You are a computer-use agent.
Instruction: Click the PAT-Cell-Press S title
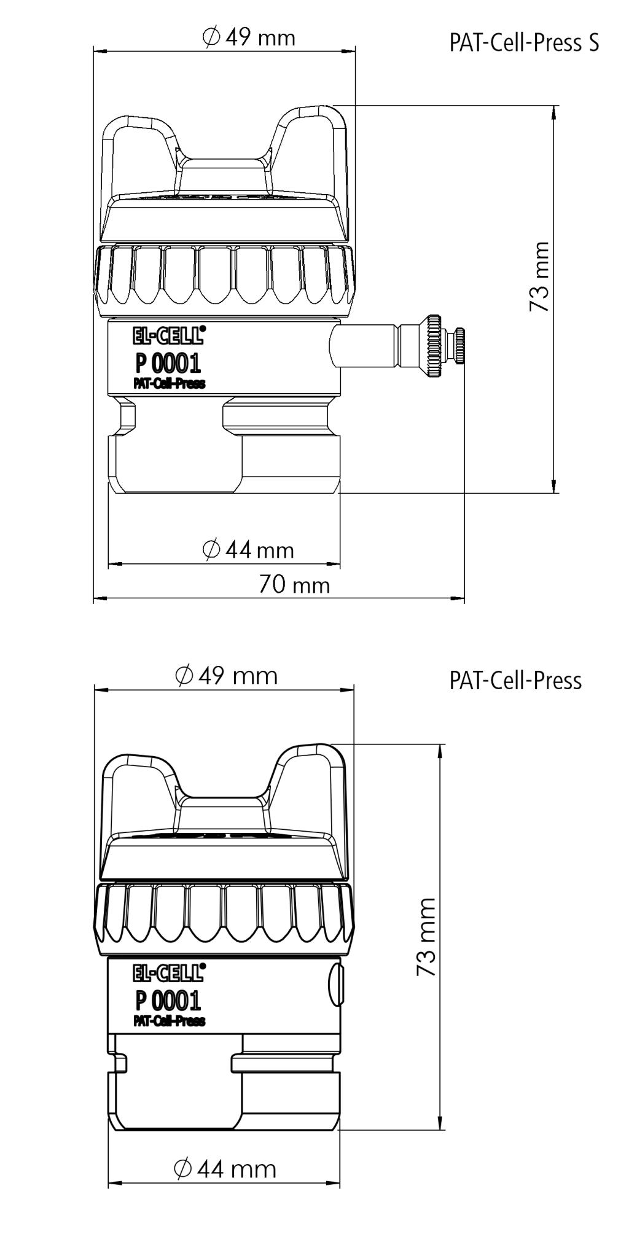(524, 43)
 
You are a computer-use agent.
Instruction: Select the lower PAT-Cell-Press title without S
(515, 681)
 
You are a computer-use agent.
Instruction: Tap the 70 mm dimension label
(294, 584)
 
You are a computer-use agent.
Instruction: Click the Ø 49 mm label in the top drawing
(249, 38)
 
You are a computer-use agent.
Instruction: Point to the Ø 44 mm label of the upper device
(248, 549)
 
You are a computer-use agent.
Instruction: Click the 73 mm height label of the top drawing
(539, 276)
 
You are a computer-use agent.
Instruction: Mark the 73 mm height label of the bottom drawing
(426, 937)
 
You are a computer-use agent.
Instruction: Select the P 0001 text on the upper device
(168, 364)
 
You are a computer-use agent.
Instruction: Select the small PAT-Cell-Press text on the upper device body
(170, 384)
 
